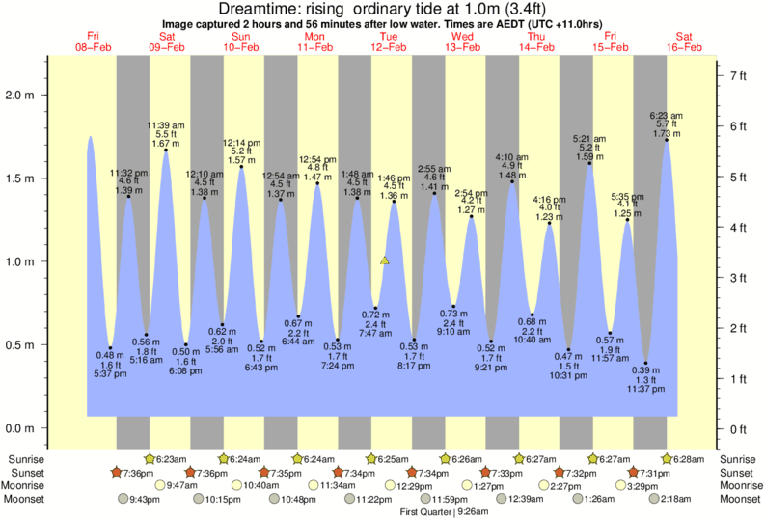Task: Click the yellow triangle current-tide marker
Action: [x=385, y=260]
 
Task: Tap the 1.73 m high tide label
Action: [x=667, y=132]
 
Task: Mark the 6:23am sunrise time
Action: [x=172, y=459]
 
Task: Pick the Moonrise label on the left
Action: [x=25, y=485]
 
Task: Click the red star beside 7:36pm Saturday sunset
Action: [x=190, y=473]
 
